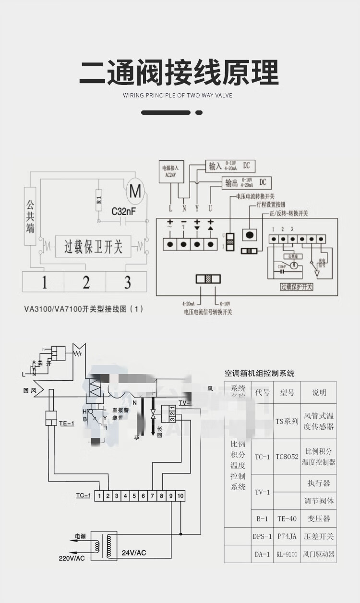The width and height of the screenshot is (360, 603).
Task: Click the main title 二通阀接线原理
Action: click(179, 72)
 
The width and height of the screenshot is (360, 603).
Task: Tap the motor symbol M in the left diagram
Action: click(122, 192)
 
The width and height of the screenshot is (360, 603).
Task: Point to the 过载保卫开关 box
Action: click(94, 247)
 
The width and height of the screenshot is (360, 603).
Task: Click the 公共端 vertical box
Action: click(30, 216)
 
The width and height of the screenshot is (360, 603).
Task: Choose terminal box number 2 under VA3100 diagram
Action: click(86, 282)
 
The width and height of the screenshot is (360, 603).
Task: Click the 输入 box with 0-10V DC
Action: click(229, 166)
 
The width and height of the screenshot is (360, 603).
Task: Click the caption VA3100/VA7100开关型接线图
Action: click(84, 310)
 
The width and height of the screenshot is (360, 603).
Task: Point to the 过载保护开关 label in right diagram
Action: click(296, 287)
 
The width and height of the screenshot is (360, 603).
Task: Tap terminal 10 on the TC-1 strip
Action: click(180, 495)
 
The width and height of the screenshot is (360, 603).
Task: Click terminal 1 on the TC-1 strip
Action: click(99, 495)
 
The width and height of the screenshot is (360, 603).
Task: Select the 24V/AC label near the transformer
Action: click(134, 553)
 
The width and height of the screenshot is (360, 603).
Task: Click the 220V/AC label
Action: click(72, 558)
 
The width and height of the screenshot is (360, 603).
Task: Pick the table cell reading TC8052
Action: click(287, 457)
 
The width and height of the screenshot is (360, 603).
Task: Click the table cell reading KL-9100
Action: click(287, 554)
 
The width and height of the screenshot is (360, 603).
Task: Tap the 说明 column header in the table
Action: click(319, 392)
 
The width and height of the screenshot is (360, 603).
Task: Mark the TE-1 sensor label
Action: click(66, 423)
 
